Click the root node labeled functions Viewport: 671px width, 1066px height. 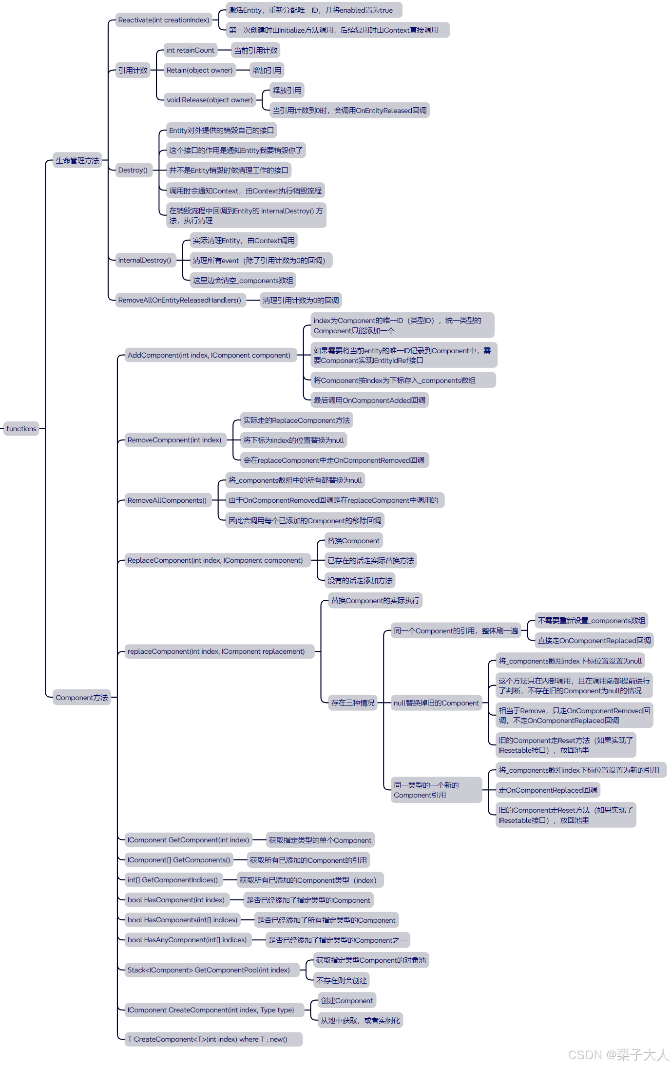point(21,429)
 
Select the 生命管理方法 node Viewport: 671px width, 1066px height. point(77,160)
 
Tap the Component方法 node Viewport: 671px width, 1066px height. point(81,698)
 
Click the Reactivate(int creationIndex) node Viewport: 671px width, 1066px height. point(163,20)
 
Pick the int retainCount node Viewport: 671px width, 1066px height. point(190,50)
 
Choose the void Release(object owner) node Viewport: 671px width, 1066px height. point(210,100)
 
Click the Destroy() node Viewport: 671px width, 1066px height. point(133,170)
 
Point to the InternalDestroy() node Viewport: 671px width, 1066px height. point(145,260)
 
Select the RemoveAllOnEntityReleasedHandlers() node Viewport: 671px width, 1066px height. point(179,300)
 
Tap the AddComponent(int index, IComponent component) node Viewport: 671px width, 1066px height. point(209,355)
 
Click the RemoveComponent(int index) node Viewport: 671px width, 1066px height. point(174,440)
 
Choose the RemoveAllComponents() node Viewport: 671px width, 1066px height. point(167,500)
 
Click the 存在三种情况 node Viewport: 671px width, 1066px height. point(353,703)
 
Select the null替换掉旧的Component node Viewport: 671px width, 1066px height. point(436,703)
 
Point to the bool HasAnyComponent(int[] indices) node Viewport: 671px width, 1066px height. point(187,940)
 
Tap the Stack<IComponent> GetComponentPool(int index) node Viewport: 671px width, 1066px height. point(209,970)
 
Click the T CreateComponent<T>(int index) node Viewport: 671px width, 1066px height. point(207,1039)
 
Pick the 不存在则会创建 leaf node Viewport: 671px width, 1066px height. point(341,980)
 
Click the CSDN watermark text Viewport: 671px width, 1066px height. point(618,1055)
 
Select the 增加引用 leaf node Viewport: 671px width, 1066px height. point(267,70)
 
